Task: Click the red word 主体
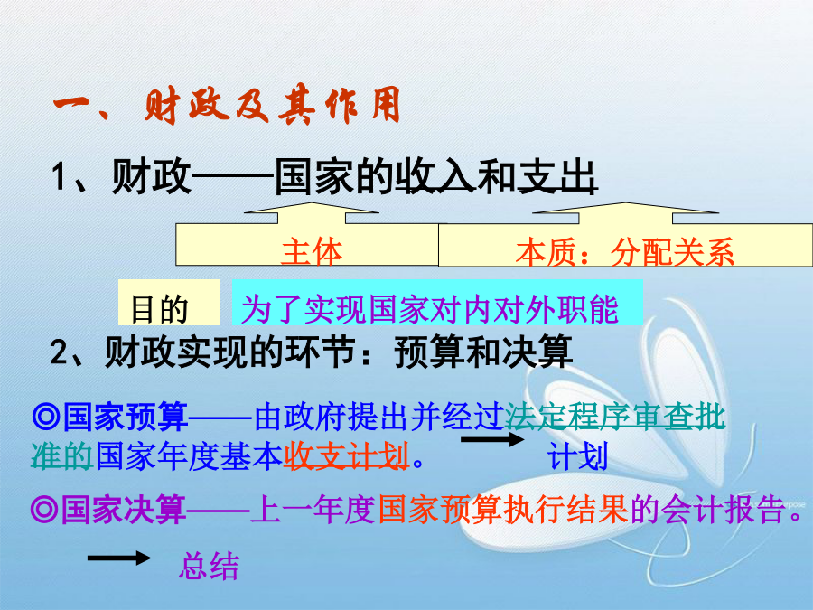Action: tap(312, 251)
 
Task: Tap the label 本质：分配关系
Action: tap(625, 252)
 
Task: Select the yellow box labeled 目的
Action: tap(169, 303)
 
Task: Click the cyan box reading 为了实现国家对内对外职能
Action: tap(437, 303)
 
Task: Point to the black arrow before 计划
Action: tap(492, 439)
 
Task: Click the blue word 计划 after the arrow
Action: tap(577, 457)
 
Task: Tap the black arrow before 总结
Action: tap(119, 558)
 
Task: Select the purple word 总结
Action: tap(209, 566)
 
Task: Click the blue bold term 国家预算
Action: tap(126, 417)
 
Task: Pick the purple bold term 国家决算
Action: tap(124, 510)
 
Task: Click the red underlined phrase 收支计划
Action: tap(346, 456)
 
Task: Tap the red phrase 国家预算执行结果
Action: tap(503, 510)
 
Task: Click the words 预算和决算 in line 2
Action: tap(483, 352)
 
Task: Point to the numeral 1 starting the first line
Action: tap(59, 177)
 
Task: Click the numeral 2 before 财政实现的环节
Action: tap(59, 352)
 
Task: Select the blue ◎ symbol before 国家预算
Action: tap(46, 417)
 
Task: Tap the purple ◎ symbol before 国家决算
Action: tap(44, 510)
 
